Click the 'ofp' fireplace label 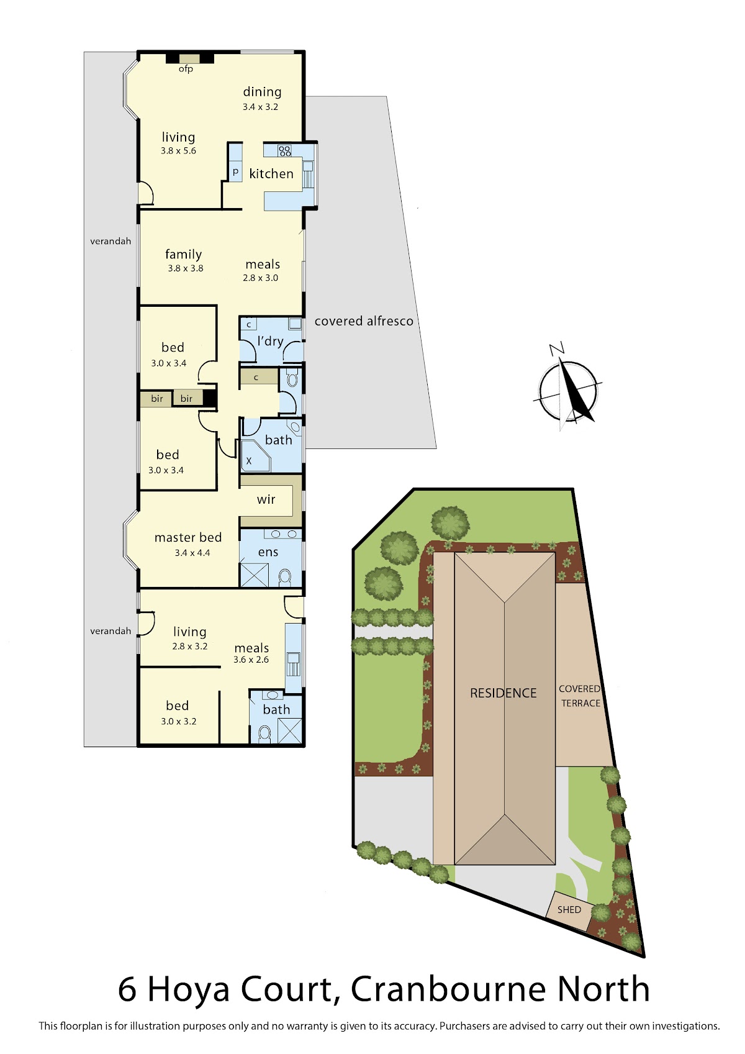[186, 69]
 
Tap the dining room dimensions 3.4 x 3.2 [260, 107]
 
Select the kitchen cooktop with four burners [284, 151]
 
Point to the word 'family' [183, 254]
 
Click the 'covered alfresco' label [364, 321]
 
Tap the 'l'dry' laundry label [271, 341]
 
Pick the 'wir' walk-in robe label [266, 499]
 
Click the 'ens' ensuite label [268, 552]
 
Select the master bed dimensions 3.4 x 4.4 [192, 553]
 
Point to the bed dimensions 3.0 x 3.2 [178, 721]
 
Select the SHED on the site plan [569, 909]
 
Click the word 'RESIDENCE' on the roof [503, 693]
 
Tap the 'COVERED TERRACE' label [580, 696]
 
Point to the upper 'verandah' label [111, 241]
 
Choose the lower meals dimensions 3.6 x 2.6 [251, 660]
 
